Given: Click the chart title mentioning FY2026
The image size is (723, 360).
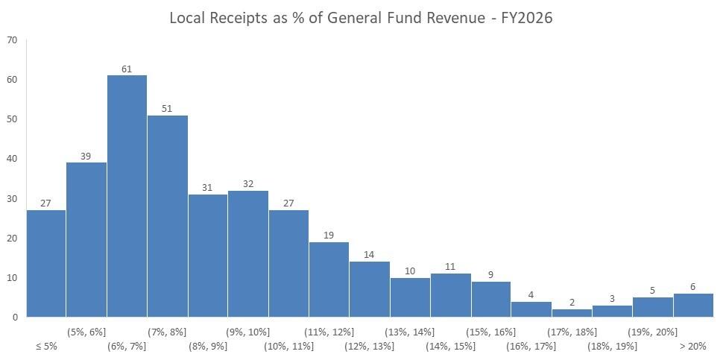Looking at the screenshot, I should pos(361,17).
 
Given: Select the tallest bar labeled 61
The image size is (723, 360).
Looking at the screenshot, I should pos(127,195).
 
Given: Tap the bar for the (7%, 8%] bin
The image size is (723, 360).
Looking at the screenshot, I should pos(167,216).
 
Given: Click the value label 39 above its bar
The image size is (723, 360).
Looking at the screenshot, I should pos(86,156).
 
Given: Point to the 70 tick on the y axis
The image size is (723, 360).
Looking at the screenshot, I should pos(12,40).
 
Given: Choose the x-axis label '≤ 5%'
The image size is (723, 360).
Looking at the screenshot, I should pos(46,346).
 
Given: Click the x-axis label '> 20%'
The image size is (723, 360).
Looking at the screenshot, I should pos(692,346).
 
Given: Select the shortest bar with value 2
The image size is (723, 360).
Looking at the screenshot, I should pos(572,313).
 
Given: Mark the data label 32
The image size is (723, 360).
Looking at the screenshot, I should pos(248,183).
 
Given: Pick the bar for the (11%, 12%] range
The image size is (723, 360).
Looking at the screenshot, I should pos(329,280).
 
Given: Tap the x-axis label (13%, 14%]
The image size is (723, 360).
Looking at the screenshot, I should pos(410,331).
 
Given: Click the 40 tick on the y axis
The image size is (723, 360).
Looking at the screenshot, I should pos(12,159).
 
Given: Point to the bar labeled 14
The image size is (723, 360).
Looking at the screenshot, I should pos(369,289).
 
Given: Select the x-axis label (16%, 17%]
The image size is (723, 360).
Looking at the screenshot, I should pos(531,346).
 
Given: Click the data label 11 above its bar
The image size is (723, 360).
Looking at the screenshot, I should pos(450,266).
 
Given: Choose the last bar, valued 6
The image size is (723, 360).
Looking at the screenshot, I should pos(693,305).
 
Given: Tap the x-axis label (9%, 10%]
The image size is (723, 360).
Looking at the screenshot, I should pos(248,331).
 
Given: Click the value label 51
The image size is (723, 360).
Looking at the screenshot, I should pos(167,108).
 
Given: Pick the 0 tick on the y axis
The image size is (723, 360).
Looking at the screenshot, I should pos(14,317).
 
